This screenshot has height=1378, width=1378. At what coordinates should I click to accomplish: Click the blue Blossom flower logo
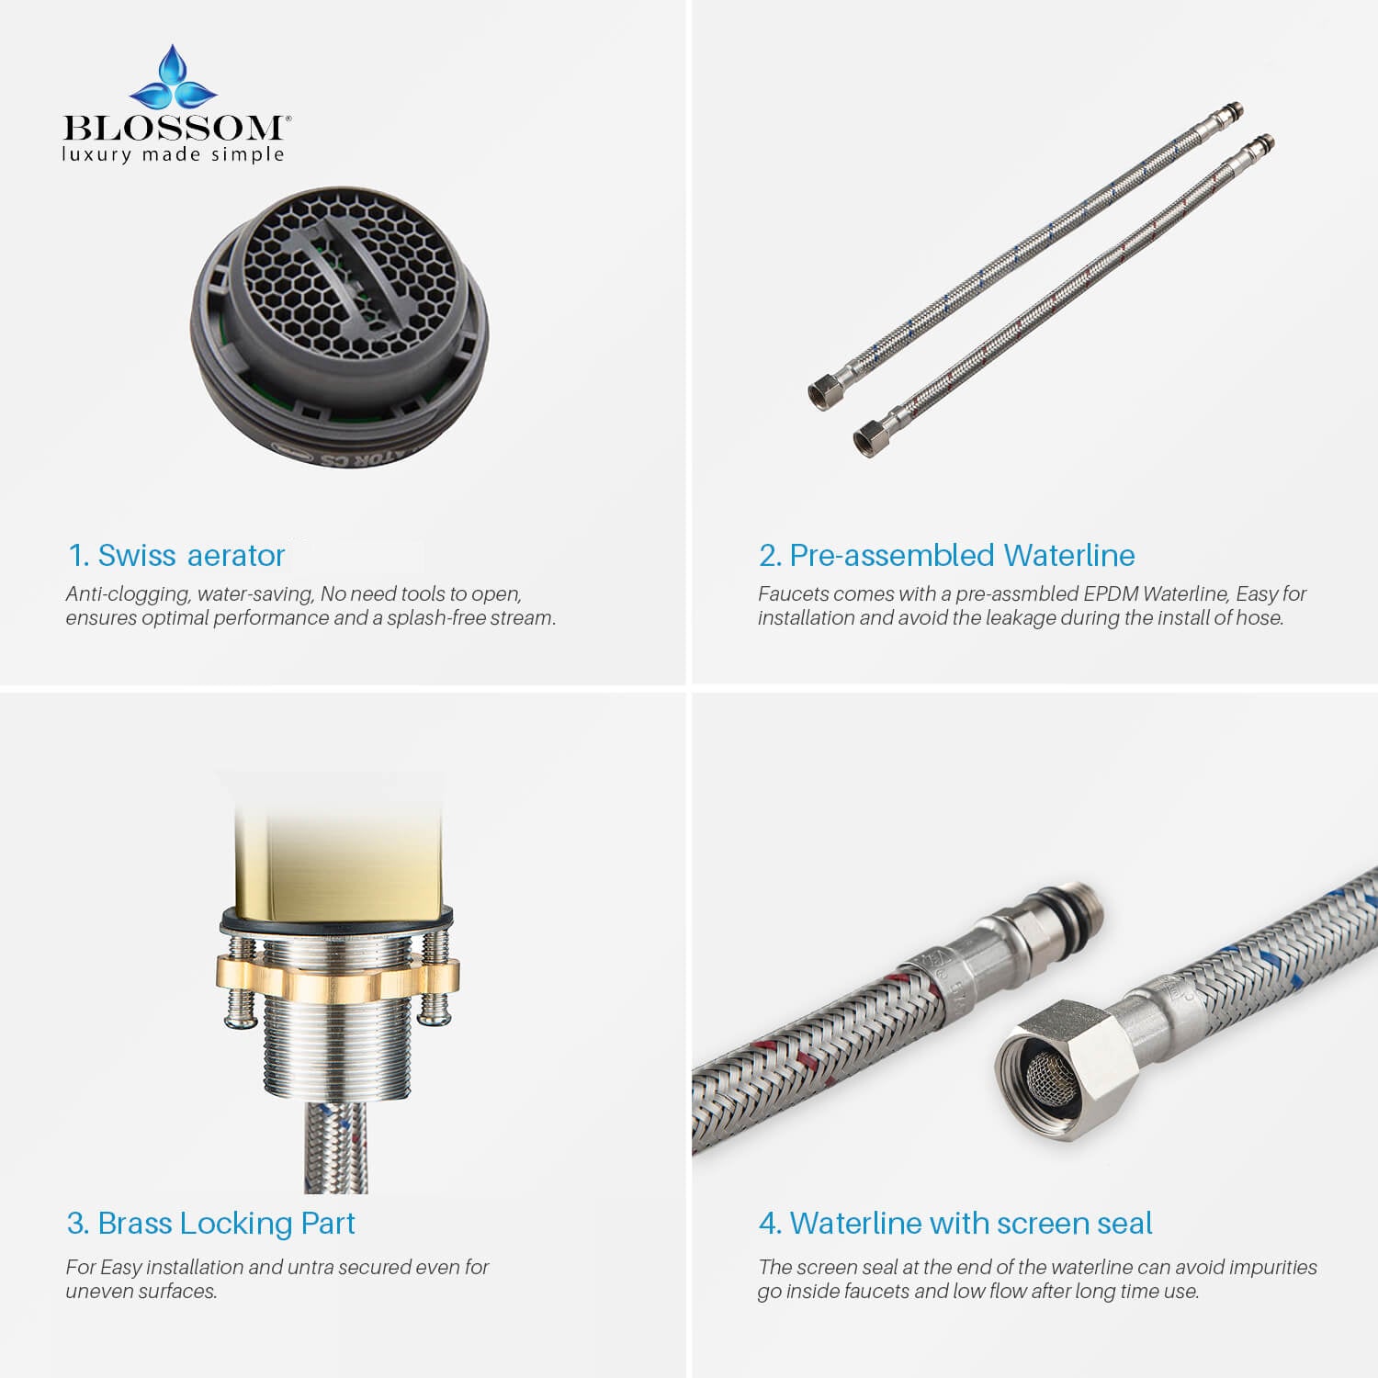(x=174, y=78)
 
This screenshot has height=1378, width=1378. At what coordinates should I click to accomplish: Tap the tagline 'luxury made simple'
(x=174, y=154)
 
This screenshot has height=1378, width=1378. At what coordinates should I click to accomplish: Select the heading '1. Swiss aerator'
(x=176, y=556)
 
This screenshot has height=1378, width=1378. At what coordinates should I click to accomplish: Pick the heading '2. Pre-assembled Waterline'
(x=946, y=556)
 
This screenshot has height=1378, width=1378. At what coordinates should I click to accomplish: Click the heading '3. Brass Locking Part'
(x=210, y=1224)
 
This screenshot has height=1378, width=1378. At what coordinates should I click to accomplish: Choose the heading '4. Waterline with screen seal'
(x=955, y=1224)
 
